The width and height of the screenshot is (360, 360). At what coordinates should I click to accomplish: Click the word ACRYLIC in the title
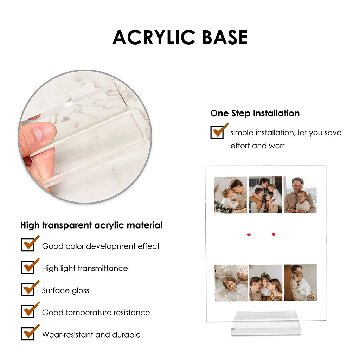[x=154, y=37]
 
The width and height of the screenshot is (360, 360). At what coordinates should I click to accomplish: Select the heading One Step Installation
[x=255, y=113]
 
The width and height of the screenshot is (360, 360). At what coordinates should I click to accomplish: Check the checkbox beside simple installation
[x=217, y=132]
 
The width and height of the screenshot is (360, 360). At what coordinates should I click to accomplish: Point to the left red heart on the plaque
[x=249, y=235]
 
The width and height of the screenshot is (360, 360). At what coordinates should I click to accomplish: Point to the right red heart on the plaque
[x=274, y=234]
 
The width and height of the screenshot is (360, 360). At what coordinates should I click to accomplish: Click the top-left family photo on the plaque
[x=231, y=195]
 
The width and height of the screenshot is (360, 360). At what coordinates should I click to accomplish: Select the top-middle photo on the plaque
[x=265, y=195]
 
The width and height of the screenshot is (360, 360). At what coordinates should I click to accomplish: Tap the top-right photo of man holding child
[x=300, y=194]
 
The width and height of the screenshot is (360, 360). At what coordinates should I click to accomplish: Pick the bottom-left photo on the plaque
[x=231, y=283]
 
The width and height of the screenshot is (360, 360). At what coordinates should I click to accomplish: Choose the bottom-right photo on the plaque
[x=300, y=282]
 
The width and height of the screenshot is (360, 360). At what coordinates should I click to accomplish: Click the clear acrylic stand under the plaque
[x=266, y=323]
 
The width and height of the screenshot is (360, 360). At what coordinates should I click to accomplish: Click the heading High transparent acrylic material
[x=91, y=225]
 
